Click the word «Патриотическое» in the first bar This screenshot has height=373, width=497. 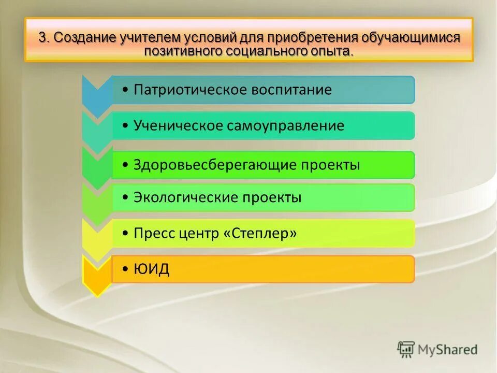[x=190, y=90]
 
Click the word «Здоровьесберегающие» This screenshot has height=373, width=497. [x=214, y=165]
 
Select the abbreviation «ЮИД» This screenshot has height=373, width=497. [x=151, y=269]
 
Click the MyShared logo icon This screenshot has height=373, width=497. [x=406, y=350]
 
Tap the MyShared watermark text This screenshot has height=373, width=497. [x=448, y=350]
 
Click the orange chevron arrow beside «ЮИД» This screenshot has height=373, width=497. [x=96, y=275]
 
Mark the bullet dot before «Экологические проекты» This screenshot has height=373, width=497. [x=126, y=198]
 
